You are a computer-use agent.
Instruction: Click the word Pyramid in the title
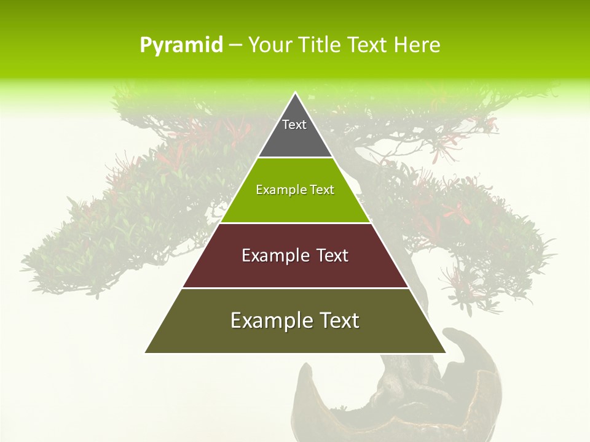pos(181,45)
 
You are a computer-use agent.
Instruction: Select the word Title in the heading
pos(320,45)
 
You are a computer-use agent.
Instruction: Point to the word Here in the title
pos(417,45)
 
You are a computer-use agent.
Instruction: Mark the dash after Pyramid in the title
pos(235,45)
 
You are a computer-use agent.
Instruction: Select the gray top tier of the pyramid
pos(295,138)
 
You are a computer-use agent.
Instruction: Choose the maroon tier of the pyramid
pos(295,270)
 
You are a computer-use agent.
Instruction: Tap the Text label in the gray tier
pos(294,125)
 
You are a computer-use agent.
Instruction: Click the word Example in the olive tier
pos(265,320)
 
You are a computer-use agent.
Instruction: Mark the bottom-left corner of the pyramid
pos(146,352)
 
